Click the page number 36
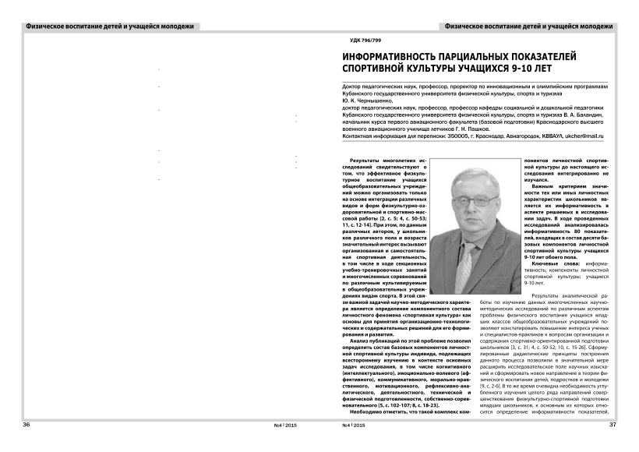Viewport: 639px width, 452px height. [x=26, y=425]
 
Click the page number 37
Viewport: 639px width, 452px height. [x=612, y=425]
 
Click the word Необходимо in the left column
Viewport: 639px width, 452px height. [x=372, y=411]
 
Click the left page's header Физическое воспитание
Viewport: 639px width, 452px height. [x=62, y=26]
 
